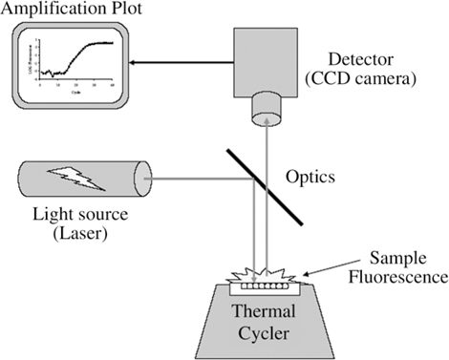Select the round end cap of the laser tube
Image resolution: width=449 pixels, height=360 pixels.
coord(143,180)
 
